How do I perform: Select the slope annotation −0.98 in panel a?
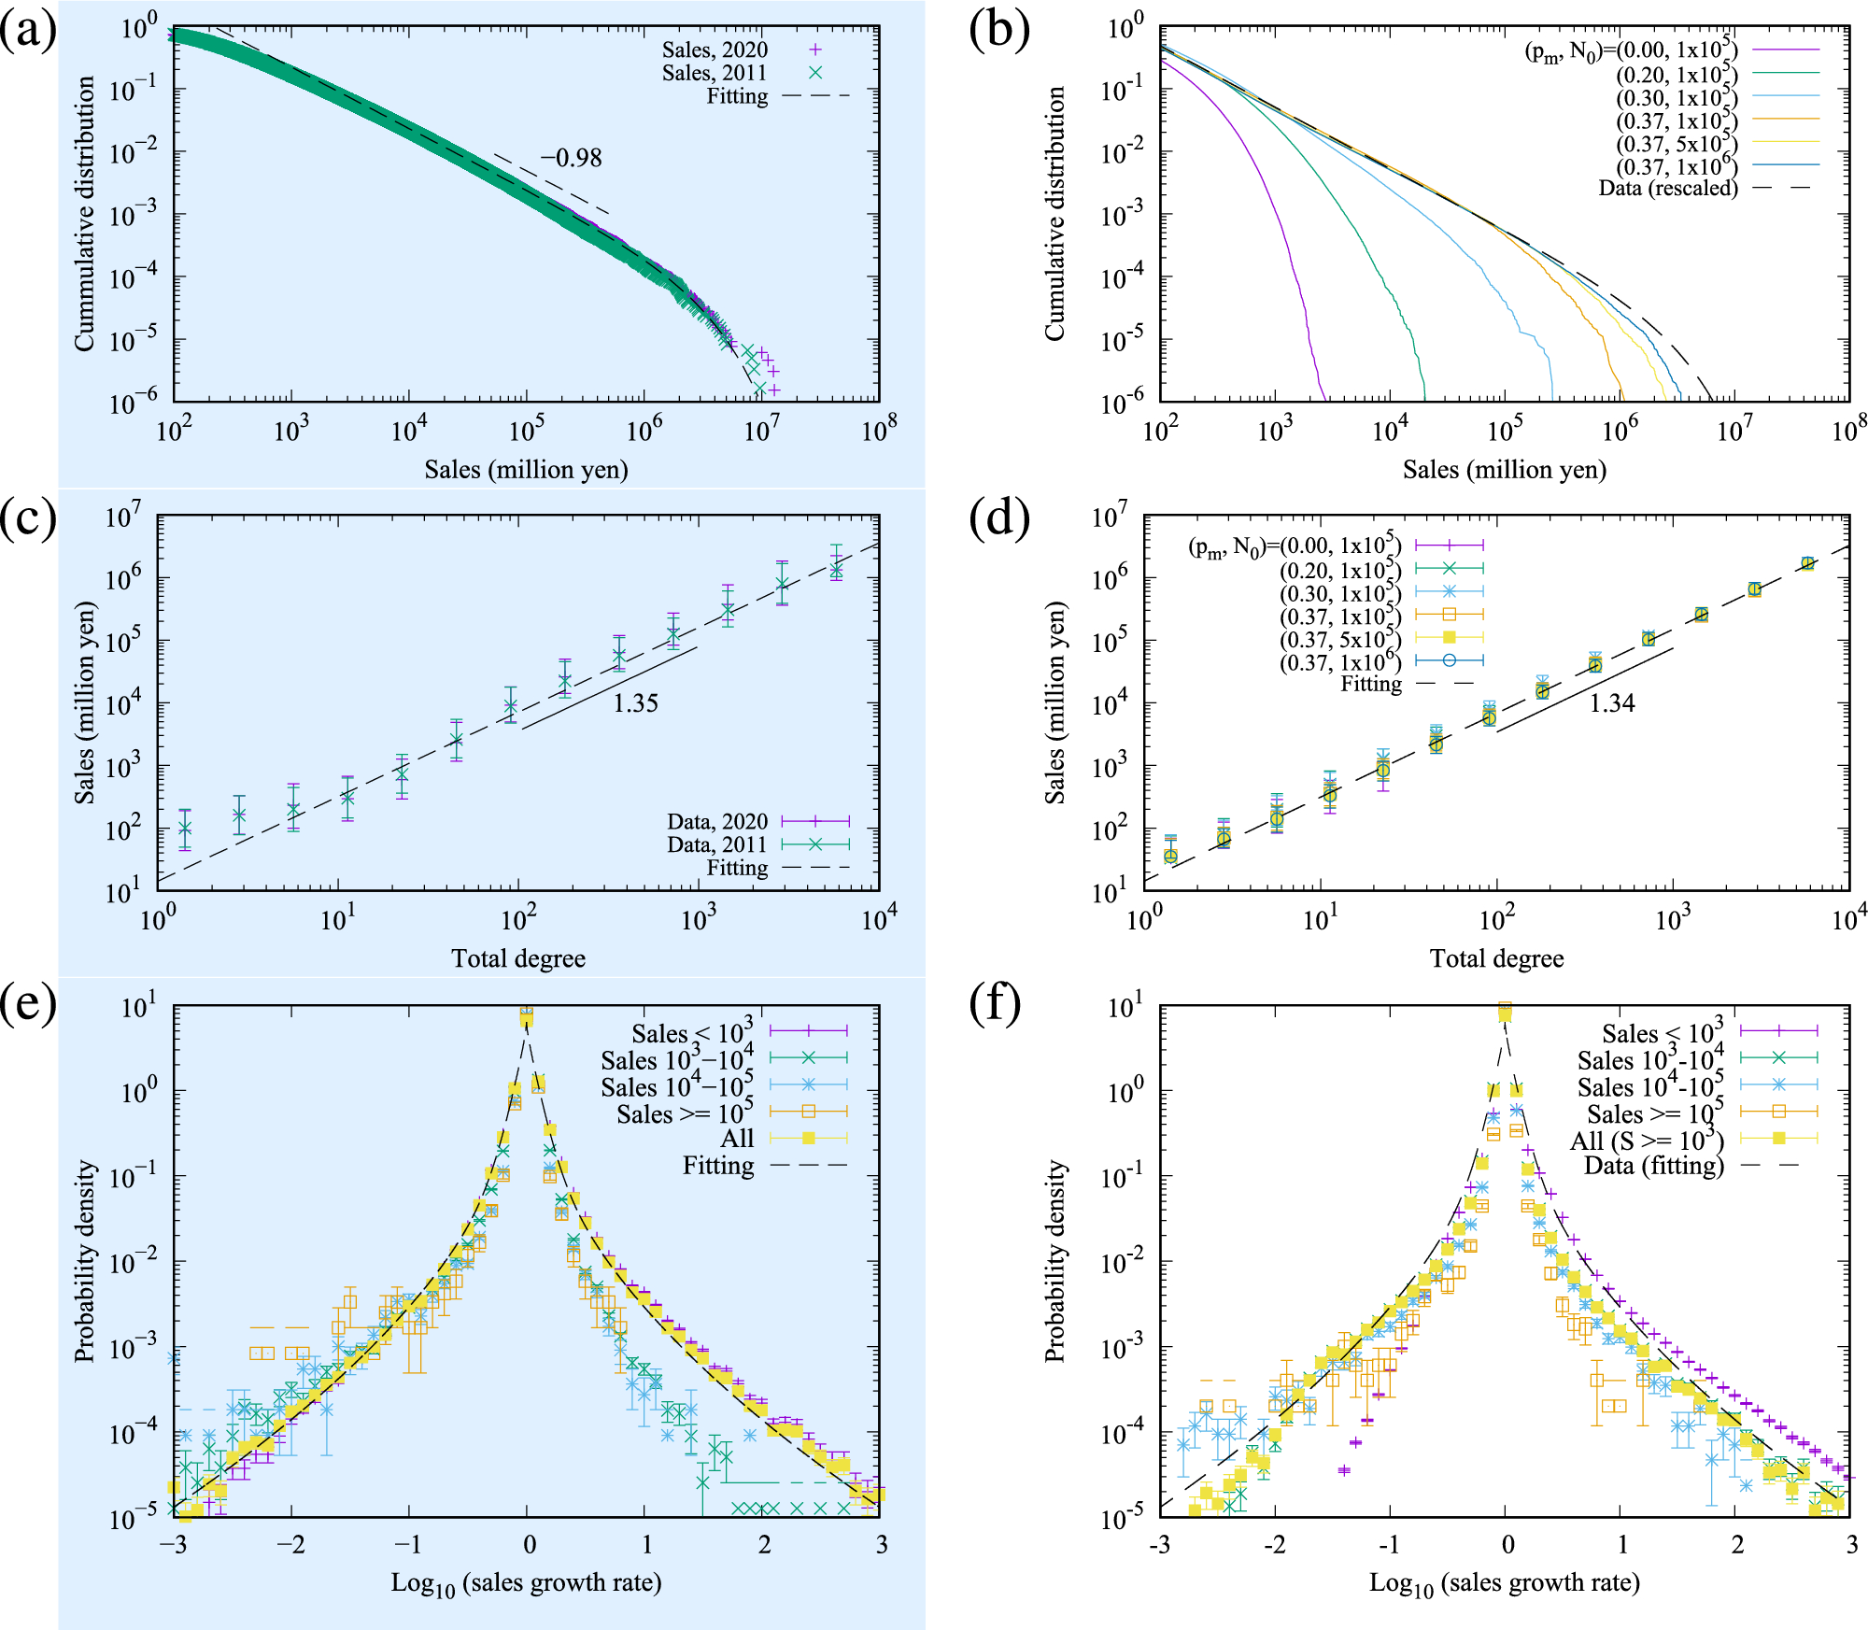[572, 158]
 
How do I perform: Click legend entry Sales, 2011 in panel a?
[715, 73]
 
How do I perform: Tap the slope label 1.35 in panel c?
[635, 703]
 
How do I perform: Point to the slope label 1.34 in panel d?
[1612, 703]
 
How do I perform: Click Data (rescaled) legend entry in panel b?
[1668, 188]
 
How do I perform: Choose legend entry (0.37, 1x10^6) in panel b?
[1677, 166]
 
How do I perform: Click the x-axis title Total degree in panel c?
[518, 958]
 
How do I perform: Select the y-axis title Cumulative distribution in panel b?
[1054, 214]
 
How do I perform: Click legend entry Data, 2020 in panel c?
[717, 821]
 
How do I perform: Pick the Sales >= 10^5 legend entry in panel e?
[685, 1113]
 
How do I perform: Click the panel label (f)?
[999, 1005]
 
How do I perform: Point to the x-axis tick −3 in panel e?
[173, 1544]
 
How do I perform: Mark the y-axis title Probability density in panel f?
[1054, 1261]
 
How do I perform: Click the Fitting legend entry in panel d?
[1371, 684]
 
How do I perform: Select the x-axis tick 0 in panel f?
[1507, 1544]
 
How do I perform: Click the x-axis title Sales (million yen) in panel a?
[526, 469]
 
